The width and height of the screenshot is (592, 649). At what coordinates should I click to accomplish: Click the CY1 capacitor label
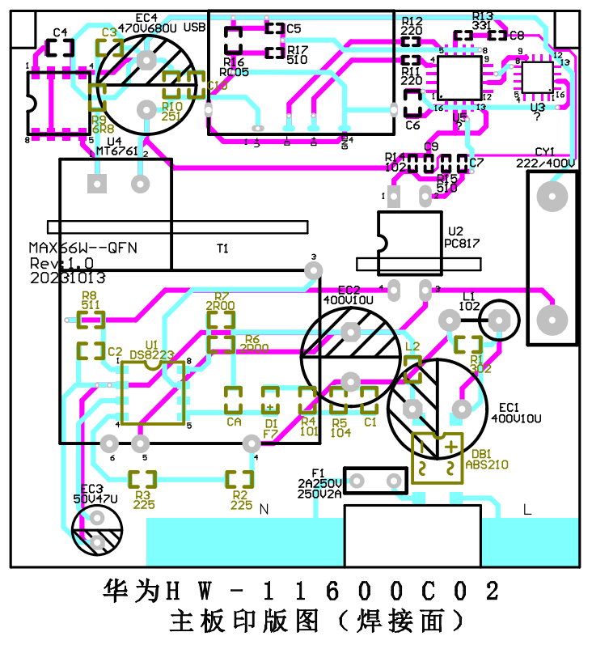(545, 152)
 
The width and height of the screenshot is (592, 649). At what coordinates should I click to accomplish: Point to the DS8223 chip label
(151, 354)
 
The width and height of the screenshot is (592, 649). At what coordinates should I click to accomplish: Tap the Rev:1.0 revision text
(61, 264)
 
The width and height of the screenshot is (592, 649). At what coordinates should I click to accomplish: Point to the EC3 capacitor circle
(96, 532)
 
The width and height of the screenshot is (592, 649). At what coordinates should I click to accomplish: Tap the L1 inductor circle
(499, 321)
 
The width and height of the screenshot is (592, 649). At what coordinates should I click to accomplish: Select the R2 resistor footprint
(239, 478)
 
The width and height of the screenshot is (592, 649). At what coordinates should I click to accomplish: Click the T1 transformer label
(222, 248)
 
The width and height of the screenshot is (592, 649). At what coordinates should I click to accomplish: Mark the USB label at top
(195, 27)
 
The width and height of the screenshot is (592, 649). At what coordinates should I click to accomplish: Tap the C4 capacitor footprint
(59, 47)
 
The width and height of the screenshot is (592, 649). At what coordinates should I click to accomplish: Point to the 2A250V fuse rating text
(320, 483)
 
